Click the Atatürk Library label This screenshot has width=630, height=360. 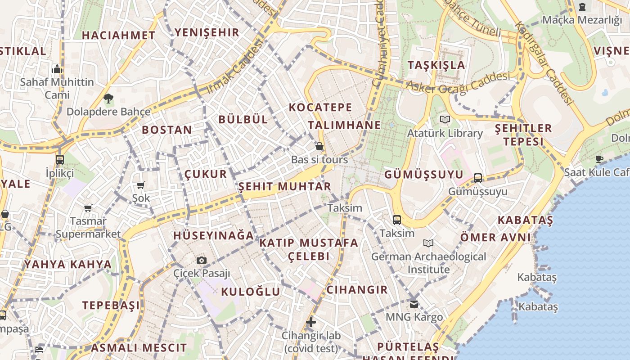445,133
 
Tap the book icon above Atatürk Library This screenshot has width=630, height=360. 445,120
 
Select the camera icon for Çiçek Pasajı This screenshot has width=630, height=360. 202,260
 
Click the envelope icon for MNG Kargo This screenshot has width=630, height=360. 414,304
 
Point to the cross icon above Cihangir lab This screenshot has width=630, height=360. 310,322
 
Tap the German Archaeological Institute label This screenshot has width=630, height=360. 428,263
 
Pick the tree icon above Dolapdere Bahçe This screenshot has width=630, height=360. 108,98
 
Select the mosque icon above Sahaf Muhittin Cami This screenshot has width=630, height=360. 57,69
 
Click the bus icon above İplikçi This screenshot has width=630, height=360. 60,159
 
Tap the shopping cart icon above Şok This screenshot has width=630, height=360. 141,185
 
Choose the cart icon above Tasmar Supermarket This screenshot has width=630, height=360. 88,208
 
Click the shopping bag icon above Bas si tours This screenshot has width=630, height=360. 319,146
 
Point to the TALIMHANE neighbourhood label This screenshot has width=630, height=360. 344,125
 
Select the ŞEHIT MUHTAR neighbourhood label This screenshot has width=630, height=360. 284,186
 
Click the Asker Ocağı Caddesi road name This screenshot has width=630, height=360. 458,81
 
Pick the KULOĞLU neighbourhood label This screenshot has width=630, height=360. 250,292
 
